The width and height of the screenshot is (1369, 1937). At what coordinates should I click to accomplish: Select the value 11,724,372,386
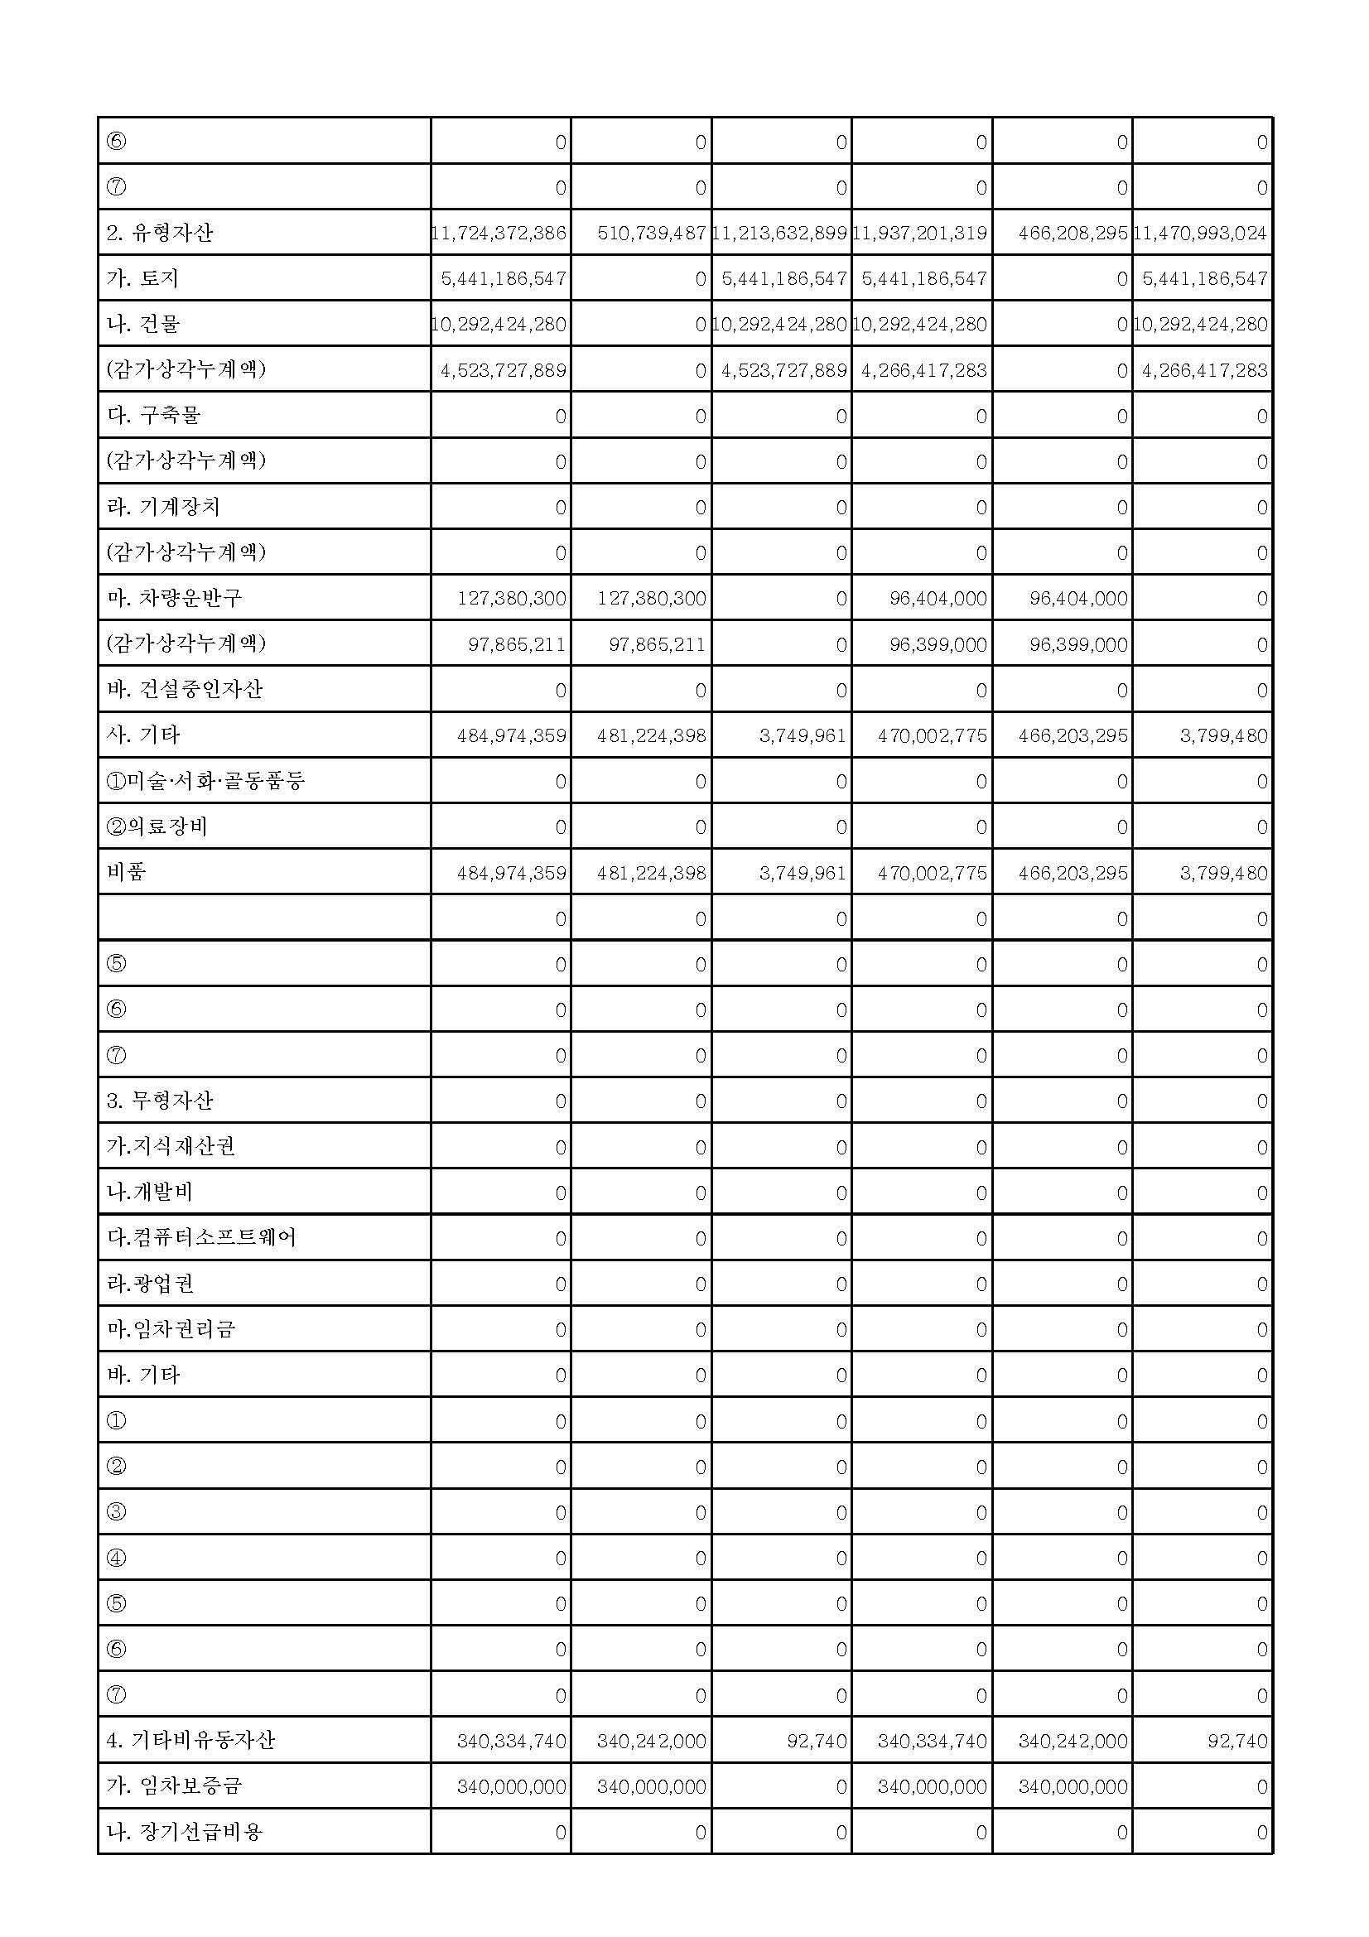499,233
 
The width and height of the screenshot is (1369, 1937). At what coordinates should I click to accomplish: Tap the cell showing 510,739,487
651,233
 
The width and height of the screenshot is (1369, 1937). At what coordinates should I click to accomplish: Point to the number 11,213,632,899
780,233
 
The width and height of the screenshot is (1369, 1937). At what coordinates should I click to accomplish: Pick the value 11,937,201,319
920,233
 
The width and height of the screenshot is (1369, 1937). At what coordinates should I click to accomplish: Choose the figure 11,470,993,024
1201,233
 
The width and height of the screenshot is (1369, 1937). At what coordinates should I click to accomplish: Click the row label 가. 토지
142,278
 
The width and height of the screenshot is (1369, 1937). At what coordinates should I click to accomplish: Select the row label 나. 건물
143,324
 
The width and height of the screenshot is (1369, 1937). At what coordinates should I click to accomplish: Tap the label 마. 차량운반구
175,598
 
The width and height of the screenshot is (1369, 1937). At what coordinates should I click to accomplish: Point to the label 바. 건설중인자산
185,689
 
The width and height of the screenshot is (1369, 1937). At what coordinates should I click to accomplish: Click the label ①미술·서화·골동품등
205,781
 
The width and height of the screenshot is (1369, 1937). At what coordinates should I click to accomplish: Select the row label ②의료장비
157,826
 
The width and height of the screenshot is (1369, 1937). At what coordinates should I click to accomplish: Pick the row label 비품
127,872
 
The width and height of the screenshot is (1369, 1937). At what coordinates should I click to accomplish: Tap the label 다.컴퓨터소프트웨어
200,1237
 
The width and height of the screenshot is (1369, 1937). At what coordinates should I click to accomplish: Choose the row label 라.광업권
150,1284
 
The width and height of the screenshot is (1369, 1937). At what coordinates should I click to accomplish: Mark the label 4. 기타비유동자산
190,1741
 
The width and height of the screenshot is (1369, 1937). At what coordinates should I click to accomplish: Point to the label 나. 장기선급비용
185,1832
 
